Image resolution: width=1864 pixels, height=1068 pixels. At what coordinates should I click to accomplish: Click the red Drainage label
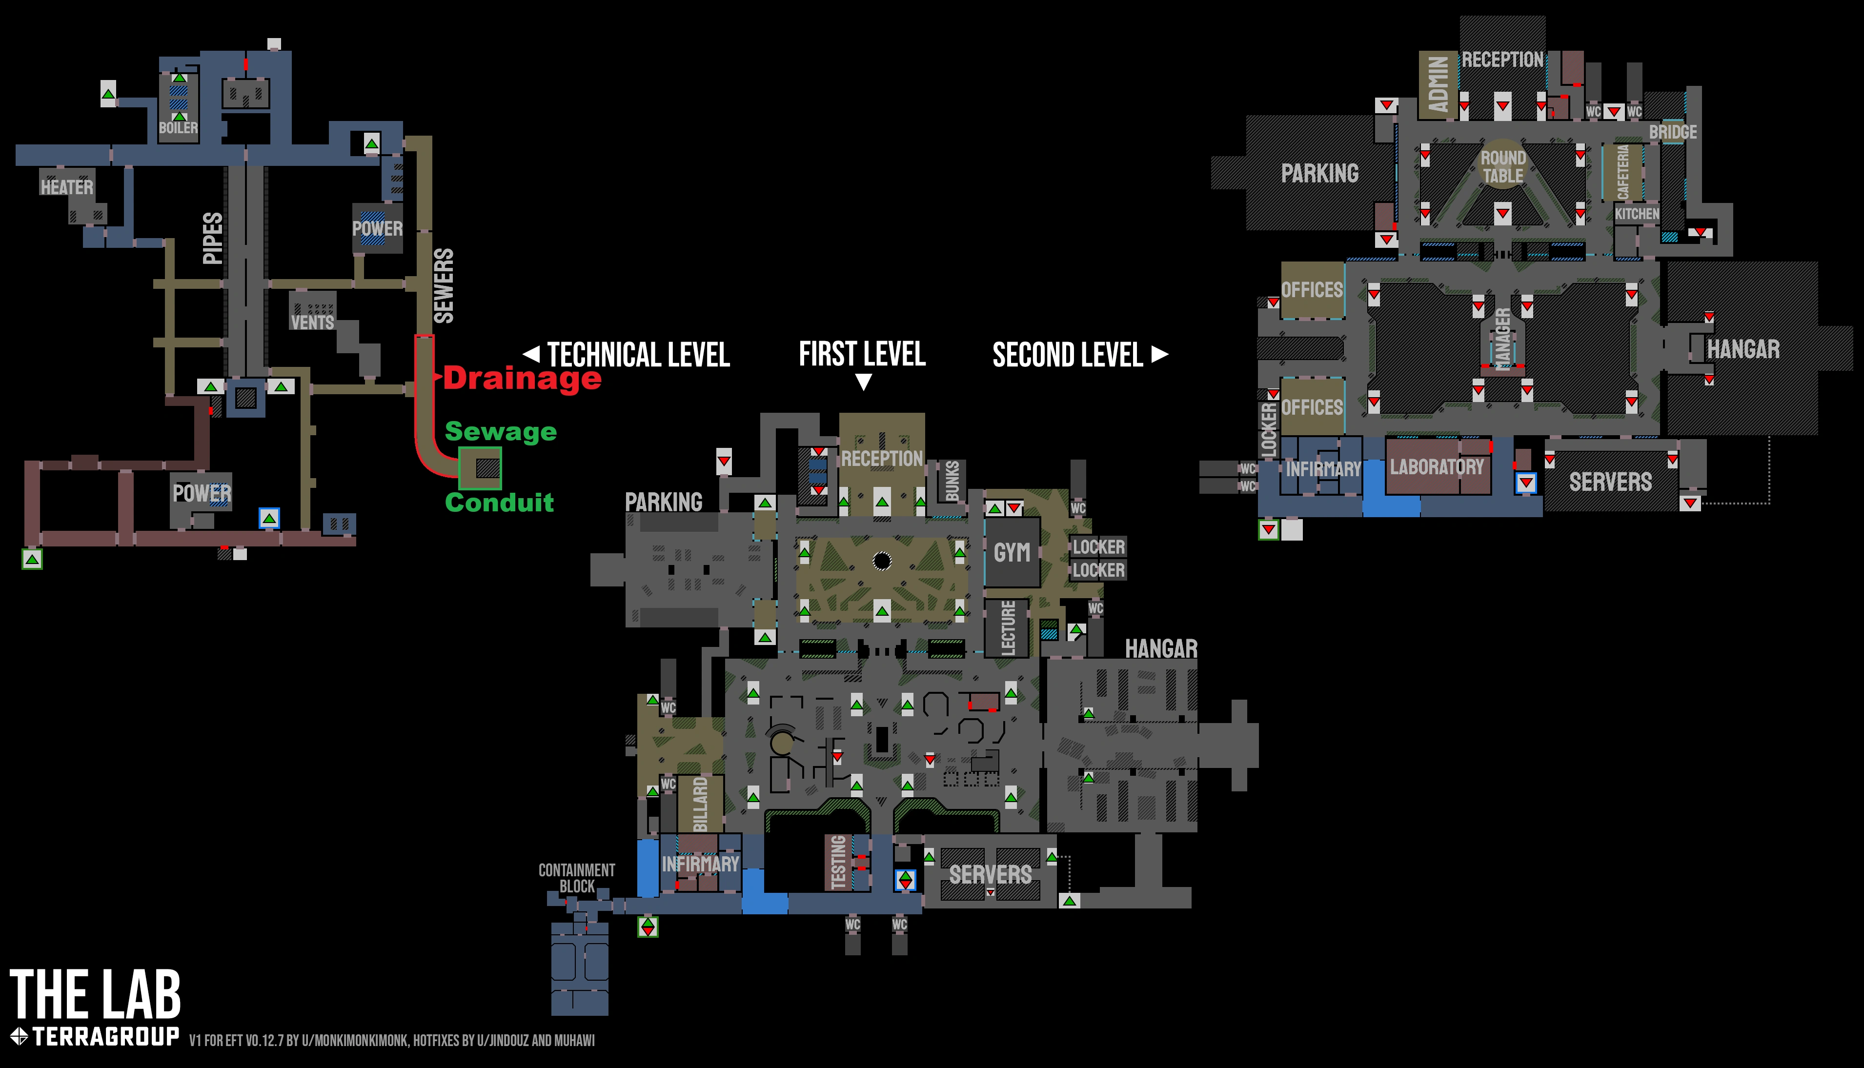(522, 379)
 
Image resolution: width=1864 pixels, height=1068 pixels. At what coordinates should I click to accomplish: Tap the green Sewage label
(501, 432)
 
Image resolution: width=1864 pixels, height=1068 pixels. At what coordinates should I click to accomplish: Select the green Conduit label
(500, 503)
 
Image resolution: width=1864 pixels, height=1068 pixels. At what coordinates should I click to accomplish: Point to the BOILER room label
(178, 128)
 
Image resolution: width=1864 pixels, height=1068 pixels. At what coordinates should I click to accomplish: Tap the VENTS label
(312, 322)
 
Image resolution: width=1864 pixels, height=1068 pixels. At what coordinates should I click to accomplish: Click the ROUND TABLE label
(1503, 167)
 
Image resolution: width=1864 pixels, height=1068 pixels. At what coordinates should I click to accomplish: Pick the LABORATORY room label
(1437, 467)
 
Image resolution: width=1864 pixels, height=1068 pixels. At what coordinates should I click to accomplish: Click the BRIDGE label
(1673, 132)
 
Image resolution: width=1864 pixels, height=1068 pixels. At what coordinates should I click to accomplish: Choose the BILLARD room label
(701, 805)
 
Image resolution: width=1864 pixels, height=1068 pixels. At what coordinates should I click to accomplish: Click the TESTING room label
(838, 862)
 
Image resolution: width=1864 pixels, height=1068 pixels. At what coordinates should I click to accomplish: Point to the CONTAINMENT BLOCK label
(577, 878)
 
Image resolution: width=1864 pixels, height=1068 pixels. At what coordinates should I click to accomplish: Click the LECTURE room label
(1009, 628)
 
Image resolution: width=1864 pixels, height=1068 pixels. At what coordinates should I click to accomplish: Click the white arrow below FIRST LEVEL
(863, 382)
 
